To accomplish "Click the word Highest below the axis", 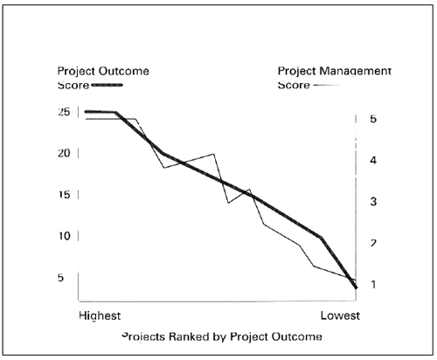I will click(100, 313).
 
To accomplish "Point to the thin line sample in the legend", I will click(326, 86).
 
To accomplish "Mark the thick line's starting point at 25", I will click(85, 112).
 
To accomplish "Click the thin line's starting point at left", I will click(85, 119).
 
